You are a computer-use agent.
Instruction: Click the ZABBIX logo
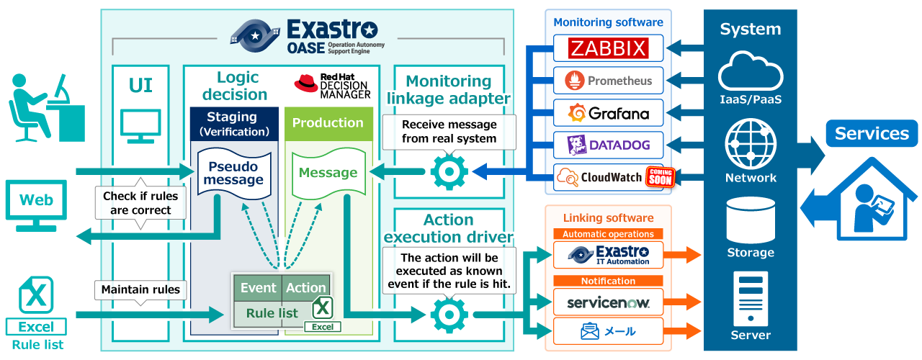click(x=608, y=48)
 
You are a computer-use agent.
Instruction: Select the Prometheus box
click(x=608, y=81)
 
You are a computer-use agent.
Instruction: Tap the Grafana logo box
click(x=608, y=113)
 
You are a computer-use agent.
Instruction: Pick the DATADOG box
click(x=608, y=145)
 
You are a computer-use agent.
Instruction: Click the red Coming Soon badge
click(x=660, y=177)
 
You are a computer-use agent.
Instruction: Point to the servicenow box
click(x=608, y=303)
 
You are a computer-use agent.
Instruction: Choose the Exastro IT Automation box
click(x=608, y=255)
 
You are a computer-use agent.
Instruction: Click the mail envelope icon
click(x=590, y=331)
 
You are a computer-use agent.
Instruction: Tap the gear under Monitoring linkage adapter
click(x=449, y=172)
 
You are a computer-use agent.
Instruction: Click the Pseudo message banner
click(x=234, y=173)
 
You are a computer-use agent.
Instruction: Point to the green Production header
click(x=328, y=123)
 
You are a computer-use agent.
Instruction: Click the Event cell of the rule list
click(x=258, y=288)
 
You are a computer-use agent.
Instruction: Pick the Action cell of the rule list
click(x=306, y=288)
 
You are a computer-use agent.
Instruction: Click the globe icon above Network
click(x=751, y=145)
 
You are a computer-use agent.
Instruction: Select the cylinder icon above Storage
click(x=751, y=220)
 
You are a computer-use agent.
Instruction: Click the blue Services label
click(x=872, y=134)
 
